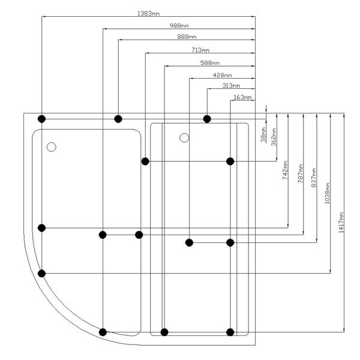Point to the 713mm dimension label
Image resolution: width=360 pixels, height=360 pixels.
point(200,50)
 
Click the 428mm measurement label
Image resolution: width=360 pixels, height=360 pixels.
point(222,76)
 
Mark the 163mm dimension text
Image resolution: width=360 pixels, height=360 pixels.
point(242,97)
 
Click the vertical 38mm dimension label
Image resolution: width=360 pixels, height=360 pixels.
point(263,135)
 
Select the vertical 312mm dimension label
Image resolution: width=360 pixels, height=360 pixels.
point(274,137)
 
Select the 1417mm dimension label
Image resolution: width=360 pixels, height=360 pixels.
point(341,223)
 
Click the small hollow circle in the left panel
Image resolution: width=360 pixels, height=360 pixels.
point(51,146)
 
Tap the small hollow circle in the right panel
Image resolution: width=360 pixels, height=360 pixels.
point(184,138)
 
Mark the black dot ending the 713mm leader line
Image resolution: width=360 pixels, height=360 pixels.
point(145,161)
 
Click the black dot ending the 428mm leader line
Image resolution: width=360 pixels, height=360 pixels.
point(189,242)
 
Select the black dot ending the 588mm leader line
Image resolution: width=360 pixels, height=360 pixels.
point(164,332)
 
